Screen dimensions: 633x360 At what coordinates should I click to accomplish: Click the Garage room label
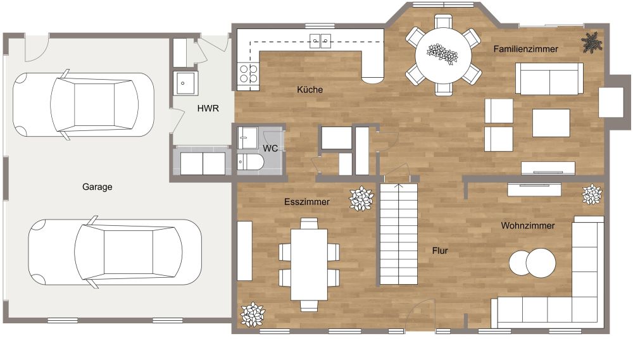click(97, 187)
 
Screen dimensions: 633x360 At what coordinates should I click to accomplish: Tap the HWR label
click(208, 108)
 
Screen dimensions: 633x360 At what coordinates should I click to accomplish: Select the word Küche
click(310, 89)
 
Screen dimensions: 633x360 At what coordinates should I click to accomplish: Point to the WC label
click(270, 148)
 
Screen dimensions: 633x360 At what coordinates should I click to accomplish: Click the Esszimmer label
click(307, 201)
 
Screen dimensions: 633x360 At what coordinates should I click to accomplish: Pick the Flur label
click(440, 251)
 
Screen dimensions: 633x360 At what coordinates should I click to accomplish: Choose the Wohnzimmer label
click(528, 226)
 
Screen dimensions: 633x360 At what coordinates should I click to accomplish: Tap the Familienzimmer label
click(525, 49)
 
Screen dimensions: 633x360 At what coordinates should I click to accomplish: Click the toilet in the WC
click(250, 162)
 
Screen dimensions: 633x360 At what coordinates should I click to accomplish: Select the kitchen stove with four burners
click(248, 73)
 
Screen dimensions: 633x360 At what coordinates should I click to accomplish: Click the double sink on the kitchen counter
click(320, 40)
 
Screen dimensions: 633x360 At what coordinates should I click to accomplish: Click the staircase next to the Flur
click(398, 233)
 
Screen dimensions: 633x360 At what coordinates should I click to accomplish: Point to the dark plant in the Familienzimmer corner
click(591, 42)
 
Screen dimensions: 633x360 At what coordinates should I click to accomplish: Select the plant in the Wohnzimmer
click(592, 194)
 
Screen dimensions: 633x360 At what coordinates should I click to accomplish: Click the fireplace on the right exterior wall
click(614, 102)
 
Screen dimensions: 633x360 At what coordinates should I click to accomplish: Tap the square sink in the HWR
click(185, 83)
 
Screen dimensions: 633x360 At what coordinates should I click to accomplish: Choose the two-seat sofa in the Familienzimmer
click(549, 78)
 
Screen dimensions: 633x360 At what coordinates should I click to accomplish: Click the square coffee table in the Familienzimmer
click(551, 123)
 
